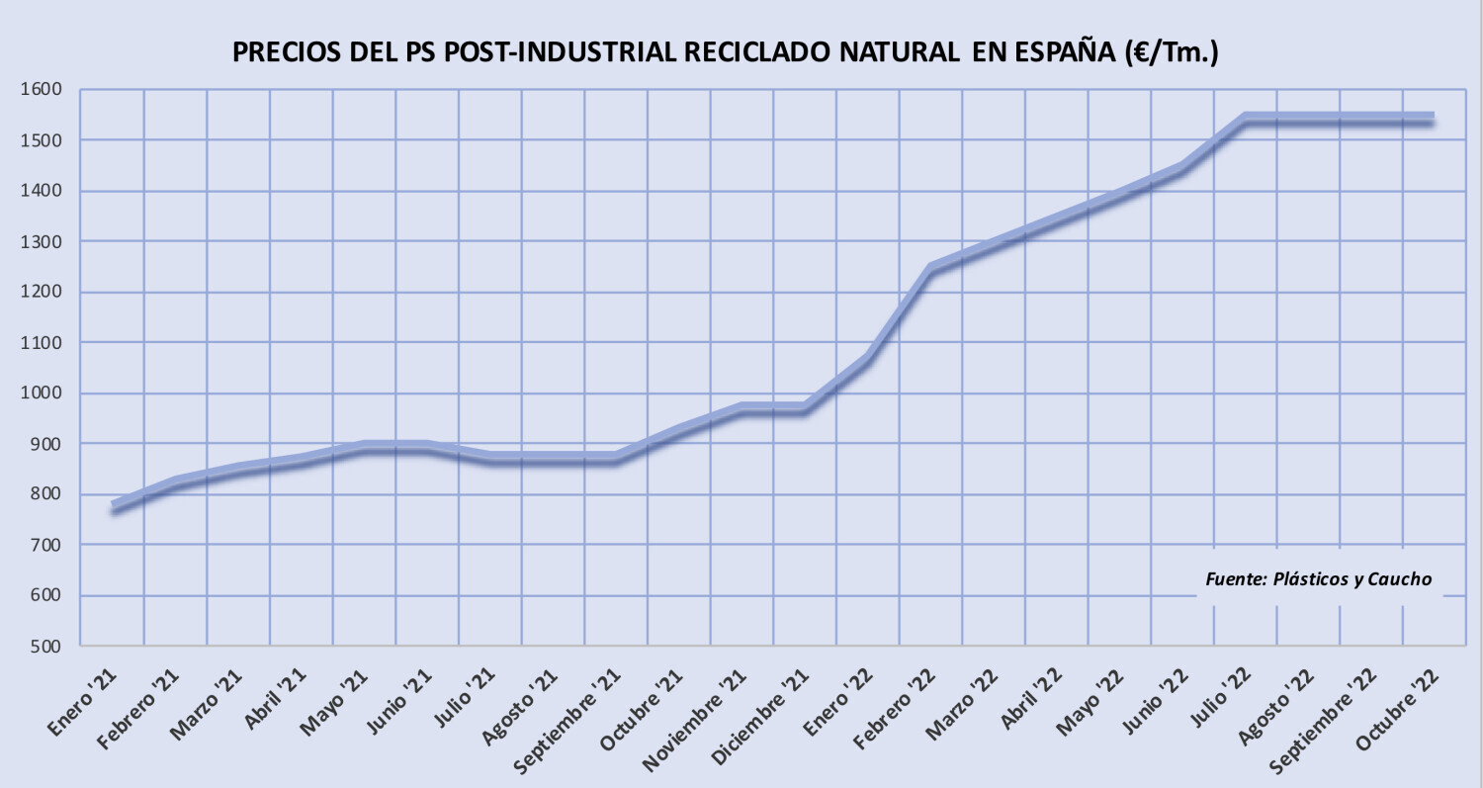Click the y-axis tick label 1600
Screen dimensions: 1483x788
pyautogui.click(x=41, y=89)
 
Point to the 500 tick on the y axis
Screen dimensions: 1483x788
pyautogui.click(x=45, y=647)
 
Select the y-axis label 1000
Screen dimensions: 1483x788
pyautogui.click(x=41, y=393)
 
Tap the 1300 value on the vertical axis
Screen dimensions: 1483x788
pyautogui.click(x=41, y=241)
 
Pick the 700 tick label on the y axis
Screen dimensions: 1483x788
pyautogui.click(x=45, y=545)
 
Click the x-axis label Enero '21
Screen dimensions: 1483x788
pyautogui.click(x=82, y=702)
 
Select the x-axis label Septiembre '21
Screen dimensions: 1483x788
pyautogui.click(x=568, y=721)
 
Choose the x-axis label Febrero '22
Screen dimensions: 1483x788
pyautogui.click(x=895, y=709)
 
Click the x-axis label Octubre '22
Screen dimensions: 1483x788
pyautogui.click(x=1398, y=709)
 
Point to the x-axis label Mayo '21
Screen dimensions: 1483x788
pyautogui.click(x=334, y=702)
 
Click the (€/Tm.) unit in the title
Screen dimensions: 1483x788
pyautogui.click(x=1172, y=53)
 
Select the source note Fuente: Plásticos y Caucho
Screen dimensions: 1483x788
pyautogui.click(x=1318, y=579)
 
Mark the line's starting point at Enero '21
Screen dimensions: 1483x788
pyautogui.click(x=114, y=507)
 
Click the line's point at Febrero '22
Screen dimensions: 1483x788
pyautogui.click(x=931, y=269)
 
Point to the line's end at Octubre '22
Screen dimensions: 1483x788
pyautogui.click(x=1433, y=120)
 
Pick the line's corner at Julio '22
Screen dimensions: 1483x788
pyautogui.click(x=1246, y=120)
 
